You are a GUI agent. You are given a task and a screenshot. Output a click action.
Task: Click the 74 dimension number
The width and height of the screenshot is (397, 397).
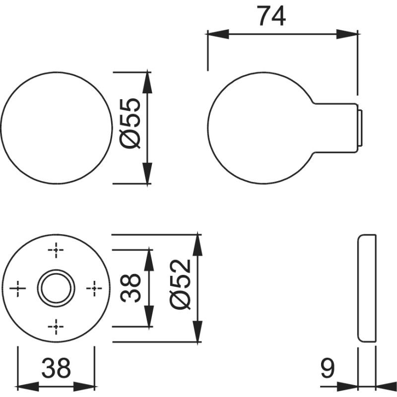(x=271, y=16)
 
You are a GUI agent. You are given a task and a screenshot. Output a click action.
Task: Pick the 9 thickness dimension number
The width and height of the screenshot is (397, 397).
(x=328, y=369)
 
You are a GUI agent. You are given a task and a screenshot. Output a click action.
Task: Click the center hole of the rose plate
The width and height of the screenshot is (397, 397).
(x=57, y=287)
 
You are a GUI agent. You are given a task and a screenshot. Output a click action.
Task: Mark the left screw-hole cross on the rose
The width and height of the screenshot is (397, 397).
(x=18, y=288)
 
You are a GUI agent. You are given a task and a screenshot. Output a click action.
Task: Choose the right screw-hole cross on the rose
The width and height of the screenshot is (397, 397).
(x=94, y=288)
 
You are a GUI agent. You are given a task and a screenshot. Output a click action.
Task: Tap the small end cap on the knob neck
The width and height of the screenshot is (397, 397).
(x=360, y=127)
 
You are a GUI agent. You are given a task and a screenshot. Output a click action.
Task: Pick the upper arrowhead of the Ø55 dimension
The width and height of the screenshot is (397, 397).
(x=147, y=82)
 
